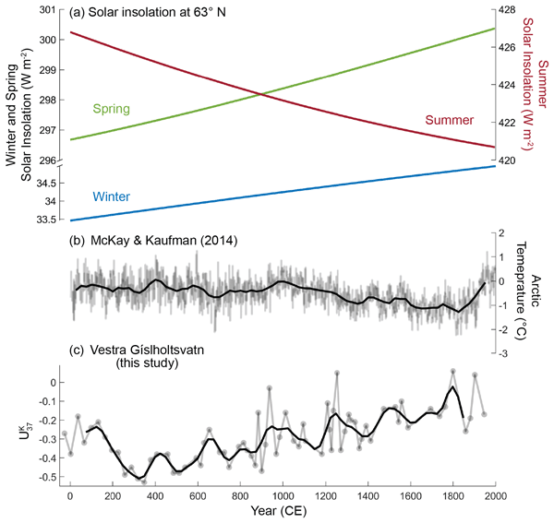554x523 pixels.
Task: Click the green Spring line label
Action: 111,109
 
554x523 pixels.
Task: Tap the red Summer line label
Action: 448,121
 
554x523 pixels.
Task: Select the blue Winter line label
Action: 112,196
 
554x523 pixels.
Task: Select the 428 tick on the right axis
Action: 508,10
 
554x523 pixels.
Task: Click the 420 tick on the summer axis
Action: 508,160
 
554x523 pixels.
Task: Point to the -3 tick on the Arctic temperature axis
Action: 506,355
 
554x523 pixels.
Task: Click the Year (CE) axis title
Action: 283,513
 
